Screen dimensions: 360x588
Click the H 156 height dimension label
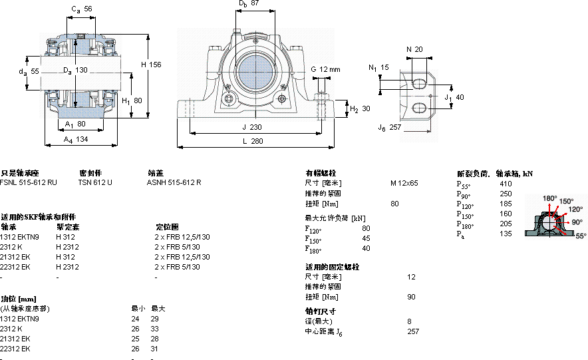(x=151, y=65)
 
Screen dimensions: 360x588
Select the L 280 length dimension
(x=253, y=141)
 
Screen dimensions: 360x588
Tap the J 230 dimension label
(x=252, y=126)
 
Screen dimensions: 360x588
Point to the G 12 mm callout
(x=325, y=69)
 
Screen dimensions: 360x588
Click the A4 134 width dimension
(x=76, y=139)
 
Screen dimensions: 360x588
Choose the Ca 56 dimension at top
(x=82, y=9)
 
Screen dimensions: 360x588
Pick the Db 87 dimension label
(x=249, y=4)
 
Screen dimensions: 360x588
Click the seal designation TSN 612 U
(x=95, y=182)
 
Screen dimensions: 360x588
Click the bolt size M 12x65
(x=404, y=182)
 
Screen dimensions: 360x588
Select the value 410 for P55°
(x=506, y=183)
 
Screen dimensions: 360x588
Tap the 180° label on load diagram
(x=549, y=198)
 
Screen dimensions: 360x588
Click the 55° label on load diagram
(x=581, y=236)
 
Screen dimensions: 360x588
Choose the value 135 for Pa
(x=506, y=234)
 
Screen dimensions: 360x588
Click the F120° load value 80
(x=366, y=228)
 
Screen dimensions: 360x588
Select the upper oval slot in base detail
(x=420, y=83)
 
